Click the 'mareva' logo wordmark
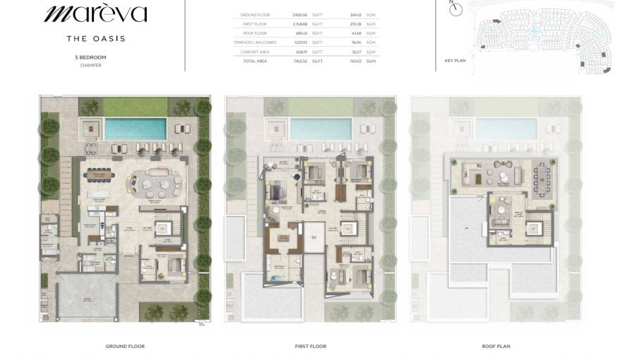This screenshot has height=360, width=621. click(x=95, y=13)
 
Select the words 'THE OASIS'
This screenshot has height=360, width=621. click(x=95, y=39)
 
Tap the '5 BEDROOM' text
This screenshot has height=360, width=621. click(x=90, y=56)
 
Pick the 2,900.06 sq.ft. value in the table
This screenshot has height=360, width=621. click(x=300, y=15)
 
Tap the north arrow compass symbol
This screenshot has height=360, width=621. click(x=456, y=8)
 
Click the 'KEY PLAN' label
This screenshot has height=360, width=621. click(x=455, y=61)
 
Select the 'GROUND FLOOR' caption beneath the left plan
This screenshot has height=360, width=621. click(x=125, y=347)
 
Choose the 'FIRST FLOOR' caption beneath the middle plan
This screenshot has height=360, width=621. click(x=310, y=347)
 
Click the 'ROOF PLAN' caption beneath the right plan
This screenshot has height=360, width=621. click(x=496, y=347)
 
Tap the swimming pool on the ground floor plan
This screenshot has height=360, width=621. click(x=135, y=128)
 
